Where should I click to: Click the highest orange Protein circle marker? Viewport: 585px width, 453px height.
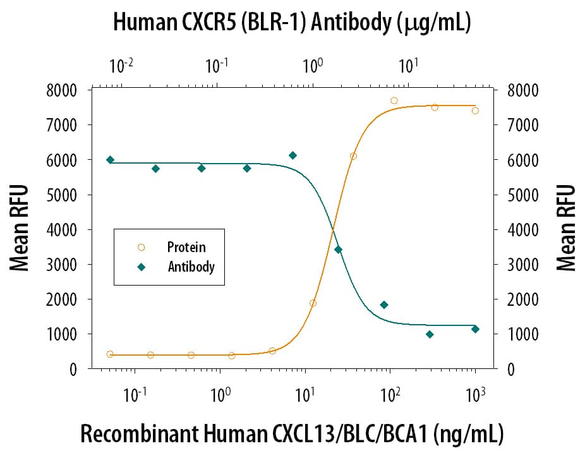pyautogui.click(x=394, y=100)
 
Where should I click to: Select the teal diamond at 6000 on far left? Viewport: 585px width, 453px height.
pyautogui.click(x=110, y=160)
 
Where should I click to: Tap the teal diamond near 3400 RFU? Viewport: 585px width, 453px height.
pyautogui.click(x=338, y=250)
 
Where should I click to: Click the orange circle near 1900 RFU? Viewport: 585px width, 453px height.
pyautogui.click(x=313, y=303)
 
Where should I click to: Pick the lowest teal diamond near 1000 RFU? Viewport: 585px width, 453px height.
pyautogui.click(x=430, y=334)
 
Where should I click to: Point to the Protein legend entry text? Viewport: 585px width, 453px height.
pyautogui.click(x=186, y=247)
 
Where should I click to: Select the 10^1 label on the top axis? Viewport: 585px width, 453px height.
pyautogui.click(x=408, y=64)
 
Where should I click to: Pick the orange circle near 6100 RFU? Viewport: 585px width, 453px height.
pyautogui.click(x=353, y=156)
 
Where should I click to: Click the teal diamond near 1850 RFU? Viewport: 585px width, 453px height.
pyautogui.click(x=383, y=305)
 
